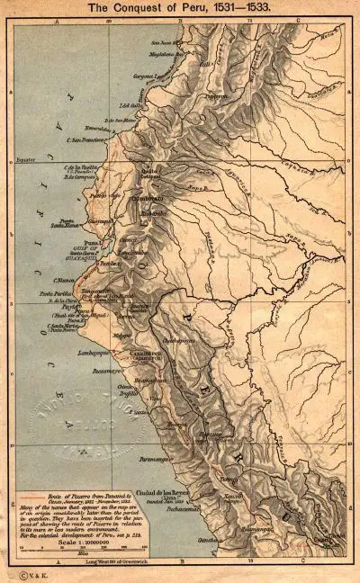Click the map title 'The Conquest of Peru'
(181, 7)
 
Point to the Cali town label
(205, 64)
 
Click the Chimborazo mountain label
(148, 197)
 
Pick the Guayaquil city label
(104, 220)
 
